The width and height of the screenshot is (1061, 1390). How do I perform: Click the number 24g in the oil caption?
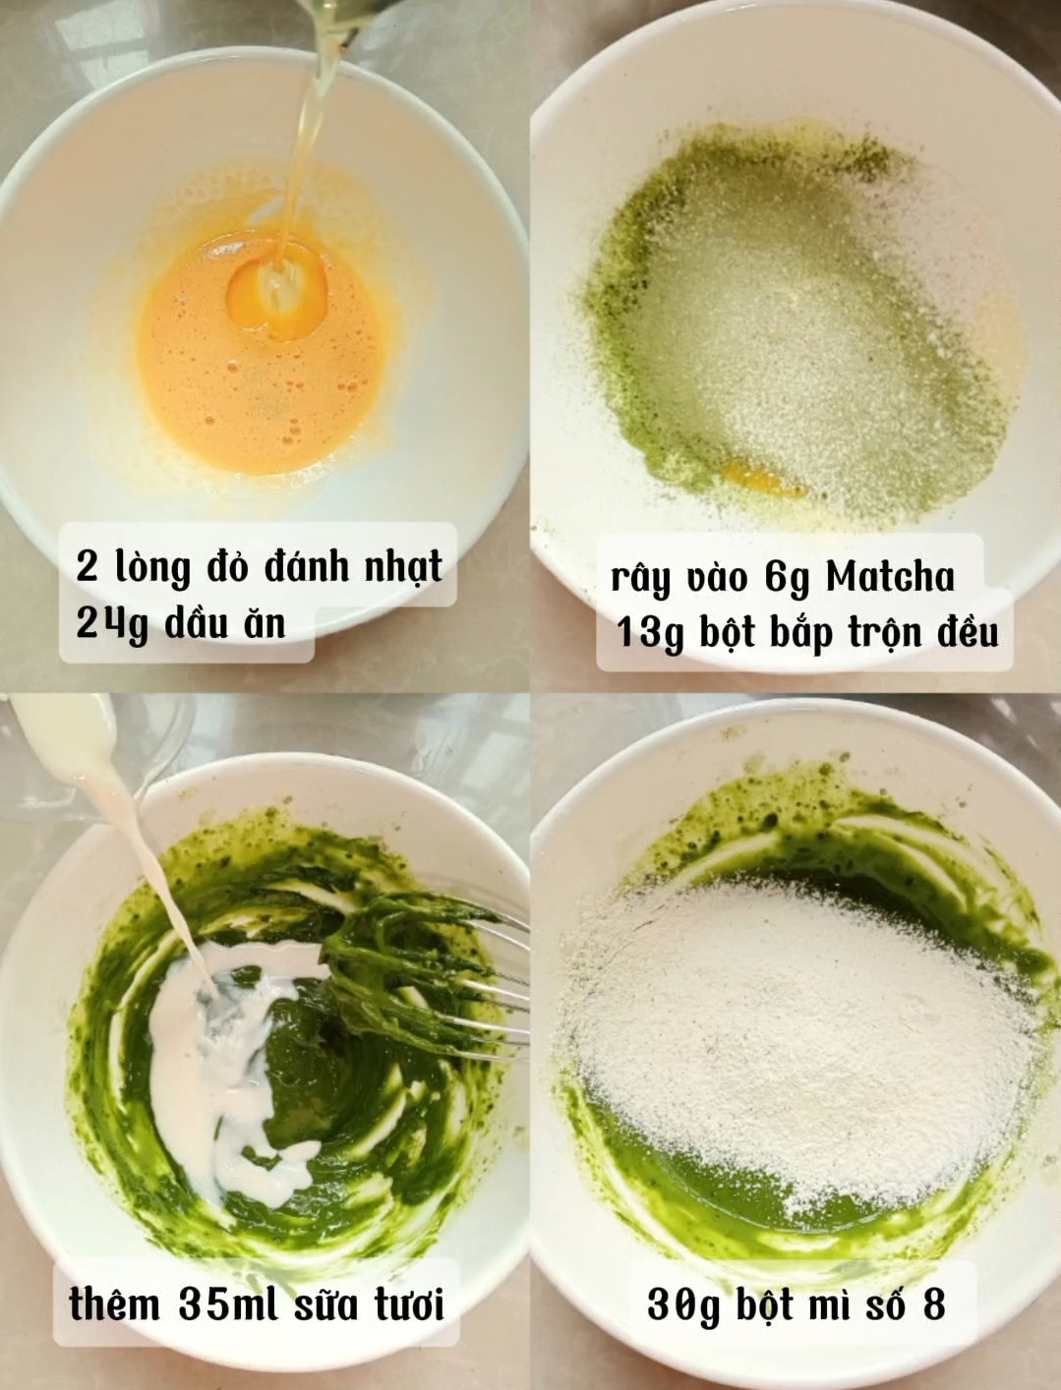click(112, 624)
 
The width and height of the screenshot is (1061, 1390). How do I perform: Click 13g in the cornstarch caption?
click(650, 633)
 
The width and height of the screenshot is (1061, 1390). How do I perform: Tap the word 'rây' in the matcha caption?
click(640, 579)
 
